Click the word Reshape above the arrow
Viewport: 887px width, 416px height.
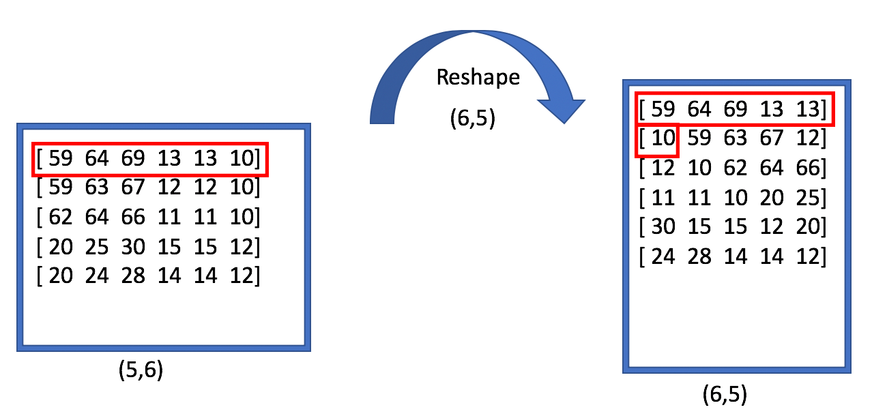point(478,77)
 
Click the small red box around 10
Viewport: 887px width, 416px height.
point(656,139)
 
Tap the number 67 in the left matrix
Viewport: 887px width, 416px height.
point(132,187)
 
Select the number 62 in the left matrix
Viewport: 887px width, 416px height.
point(59,217)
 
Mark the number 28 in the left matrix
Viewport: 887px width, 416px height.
point(132,276)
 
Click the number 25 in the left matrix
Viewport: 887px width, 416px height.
point(96,246)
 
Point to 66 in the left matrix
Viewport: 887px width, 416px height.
point(132,217)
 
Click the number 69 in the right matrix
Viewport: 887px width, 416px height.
point(735,109)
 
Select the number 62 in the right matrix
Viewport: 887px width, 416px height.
point(735,168)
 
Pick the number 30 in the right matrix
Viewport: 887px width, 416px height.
point(661,227)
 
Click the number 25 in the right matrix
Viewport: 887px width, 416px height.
point(808,198)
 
